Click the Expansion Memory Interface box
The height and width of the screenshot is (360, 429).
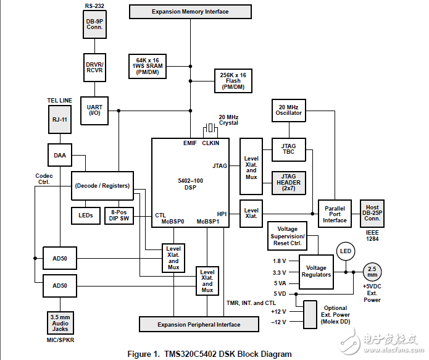[190, 12]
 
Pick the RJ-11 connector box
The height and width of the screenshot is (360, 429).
[60, 119]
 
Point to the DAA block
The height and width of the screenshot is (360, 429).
[60, 156]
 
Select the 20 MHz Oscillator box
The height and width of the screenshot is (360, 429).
[288, 109]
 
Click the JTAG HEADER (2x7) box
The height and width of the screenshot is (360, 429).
[288, 183]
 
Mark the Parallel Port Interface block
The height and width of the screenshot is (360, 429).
[335, 211]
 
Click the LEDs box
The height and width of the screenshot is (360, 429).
[86, 215]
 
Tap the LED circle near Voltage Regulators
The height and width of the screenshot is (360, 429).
[346, 251]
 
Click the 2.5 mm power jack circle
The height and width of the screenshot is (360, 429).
[372, 272]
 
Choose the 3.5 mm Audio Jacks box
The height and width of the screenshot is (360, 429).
[60, 323]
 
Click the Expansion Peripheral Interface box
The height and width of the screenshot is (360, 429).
[199, 324]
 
